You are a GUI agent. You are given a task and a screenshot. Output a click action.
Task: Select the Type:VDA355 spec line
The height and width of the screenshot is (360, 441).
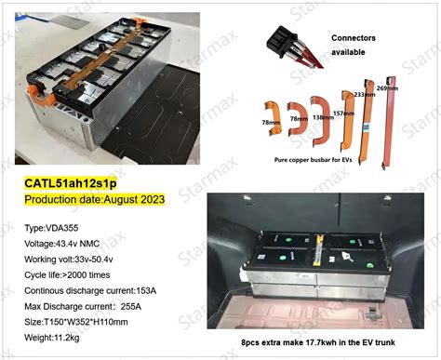[57, 226]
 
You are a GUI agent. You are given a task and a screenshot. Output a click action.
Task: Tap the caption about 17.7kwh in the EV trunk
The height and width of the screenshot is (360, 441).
[322, 346]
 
